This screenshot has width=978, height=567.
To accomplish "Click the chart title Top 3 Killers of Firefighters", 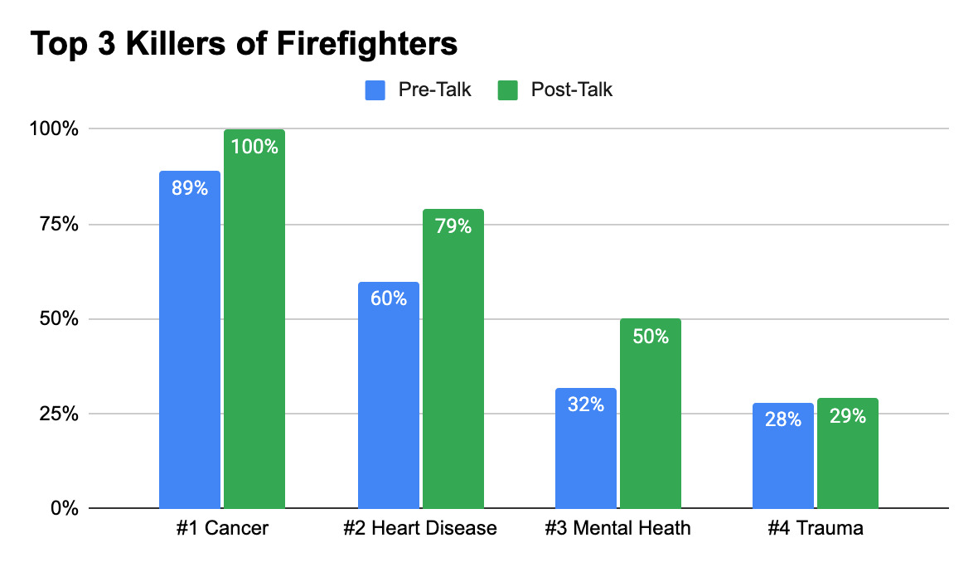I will tap(244, 44).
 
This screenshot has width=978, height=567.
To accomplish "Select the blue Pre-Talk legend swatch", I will tap(375, 90).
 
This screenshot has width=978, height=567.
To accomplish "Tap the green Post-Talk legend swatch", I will tap(507, 90).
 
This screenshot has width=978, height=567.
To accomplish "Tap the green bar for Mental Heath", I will tap(651, 414).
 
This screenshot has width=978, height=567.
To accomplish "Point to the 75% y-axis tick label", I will tap(61, 225).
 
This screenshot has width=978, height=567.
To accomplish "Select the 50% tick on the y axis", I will tap(61, 319).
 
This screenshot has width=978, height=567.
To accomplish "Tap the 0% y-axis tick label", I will tap(65, 508).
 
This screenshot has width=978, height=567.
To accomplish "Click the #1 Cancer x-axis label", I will tap(222, 528).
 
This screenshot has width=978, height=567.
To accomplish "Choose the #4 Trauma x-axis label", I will tap(816, 528).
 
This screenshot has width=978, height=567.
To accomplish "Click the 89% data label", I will tap(190, 188).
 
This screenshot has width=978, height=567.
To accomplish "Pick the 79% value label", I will tap(453, 225).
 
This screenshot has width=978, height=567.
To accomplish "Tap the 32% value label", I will tap(586, 405).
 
